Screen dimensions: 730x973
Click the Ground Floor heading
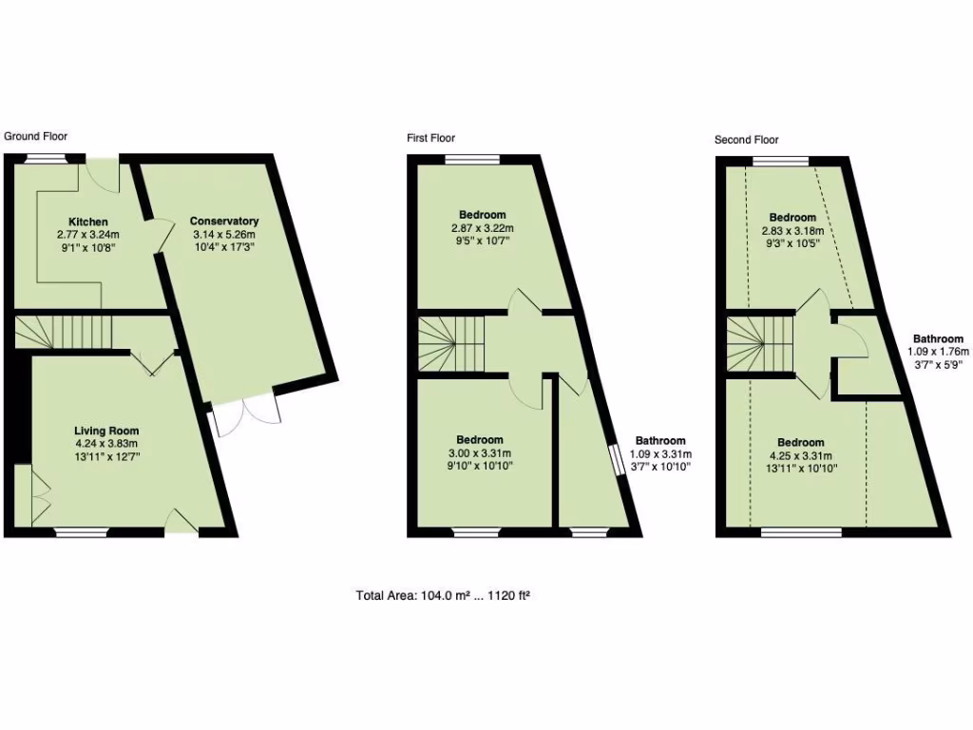pos(36,136)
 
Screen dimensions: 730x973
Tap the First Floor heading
pos(431,138)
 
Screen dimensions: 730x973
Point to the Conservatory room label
pos(223,221)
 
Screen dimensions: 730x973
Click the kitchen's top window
pos(45,159)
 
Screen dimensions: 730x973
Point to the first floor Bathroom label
pos(660,441)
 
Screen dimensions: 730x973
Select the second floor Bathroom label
pos(938,338)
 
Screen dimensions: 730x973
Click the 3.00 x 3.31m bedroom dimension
pos(479,452)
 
